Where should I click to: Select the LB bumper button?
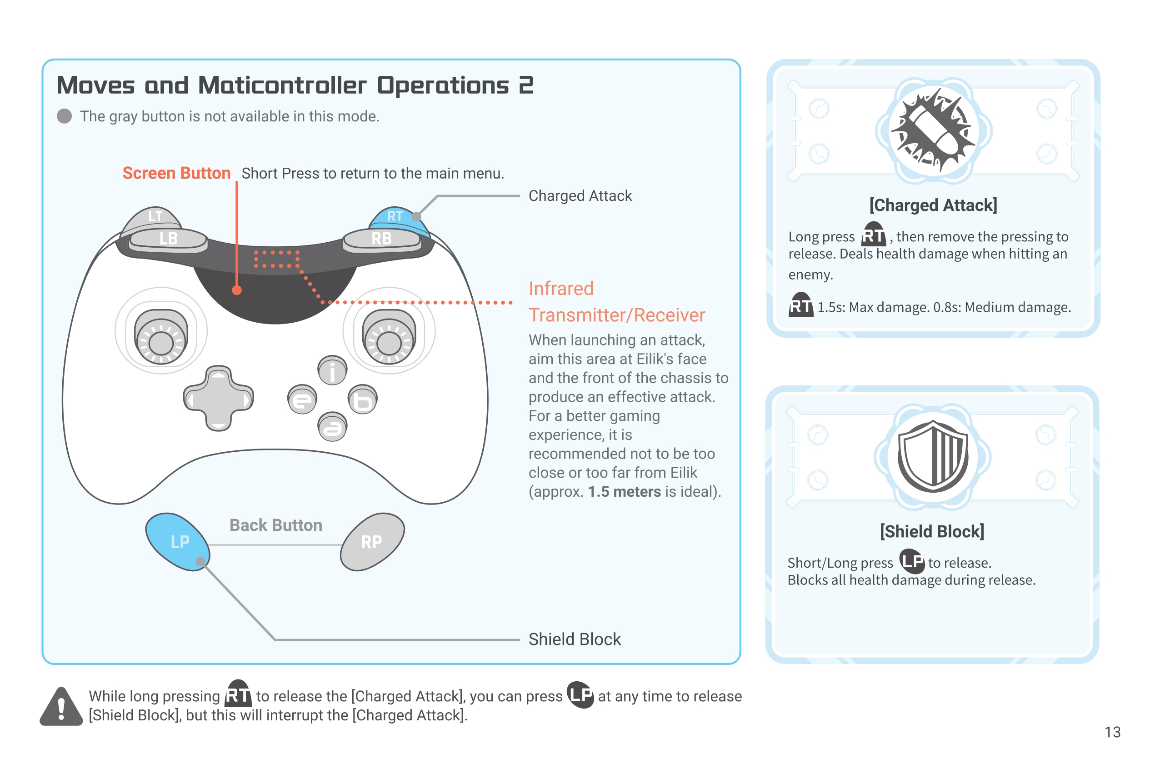(x=168, y=239)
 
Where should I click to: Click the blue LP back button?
(x=178, y=542)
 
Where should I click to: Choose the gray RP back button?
(x=372, y=542)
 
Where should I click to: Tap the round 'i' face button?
(x=332, y=370)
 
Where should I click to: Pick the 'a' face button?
(x=332, y=427)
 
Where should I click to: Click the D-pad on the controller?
(x=219, y=399)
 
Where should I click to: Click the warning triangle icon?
(x=61, y=707)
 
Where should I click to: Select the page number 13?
(x=1112, y=732)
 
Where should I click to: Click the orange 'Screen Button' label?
(x=176, y=173)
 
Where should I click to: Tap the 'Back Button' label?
(x=275, y=525)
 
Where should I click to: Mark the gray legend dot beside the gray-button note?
(x=65, y=116)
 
